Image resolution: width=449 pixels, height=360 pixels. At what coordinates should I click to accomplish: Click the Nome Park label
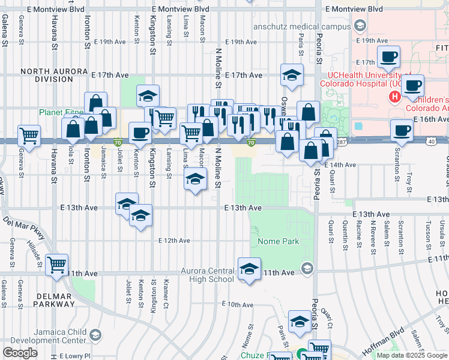278,242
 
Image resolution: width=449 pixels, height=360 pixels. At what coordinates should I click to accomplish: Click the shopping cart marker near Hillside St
57,264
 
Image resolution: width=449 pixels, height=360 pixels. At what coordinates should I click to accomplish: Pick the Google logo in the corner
20,353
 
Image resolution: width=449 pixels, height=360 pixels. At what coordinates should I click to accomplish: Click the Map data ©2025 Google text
411,355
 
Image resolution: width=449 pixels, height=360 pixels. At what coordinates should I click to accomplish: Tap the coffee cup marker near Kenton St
140,133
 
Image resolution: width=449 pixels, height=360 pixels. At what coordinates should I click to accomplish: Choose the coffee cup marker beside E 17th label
388,57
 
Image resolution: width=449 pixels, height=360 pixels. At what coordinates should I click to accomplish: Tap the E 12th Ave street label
174,241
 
